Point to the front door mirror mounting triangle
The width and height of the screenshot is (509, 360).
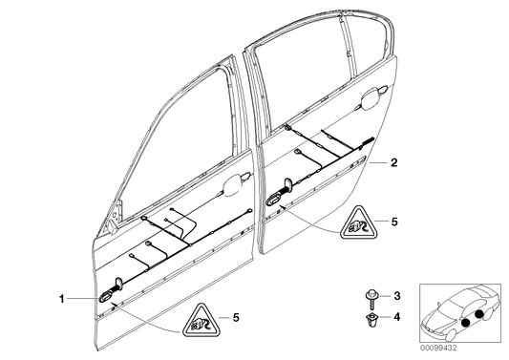click(x=123, y=211)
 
